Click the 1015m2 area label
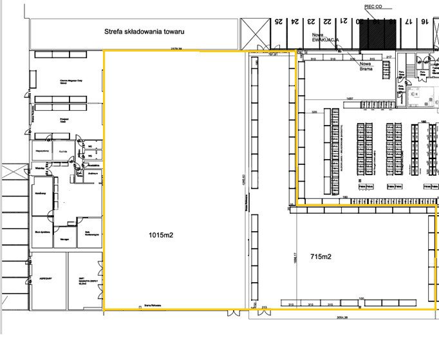pyautogui.click(x=161, y=235)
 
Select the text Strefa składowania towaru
pyautogui.click(x=145, y=31)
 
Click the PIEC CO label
pyautogui.click(x=373, y=6)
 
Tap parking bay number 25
pyautogui.click(x=279, y=21)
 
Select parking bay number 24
pyautogui.click(x=295, y=21)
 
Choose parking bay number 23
pyautogui.click(x=311, y=21)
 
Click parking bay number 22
pyautogui.click(x=328, y=21)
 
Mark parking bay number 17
pyautogui.click(x=409, y=21)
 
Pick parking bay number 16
pyautogui.click(x=425, y=21)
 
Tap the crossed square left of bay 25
pyautogui.click(x=256, y=32)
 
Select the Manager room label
pyautogui.click(x=64, y=238)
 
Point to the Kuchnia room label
pyautogui.click(x=62, y=150)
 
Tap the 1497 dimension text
pyautogui.click(x=350, y=98)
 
